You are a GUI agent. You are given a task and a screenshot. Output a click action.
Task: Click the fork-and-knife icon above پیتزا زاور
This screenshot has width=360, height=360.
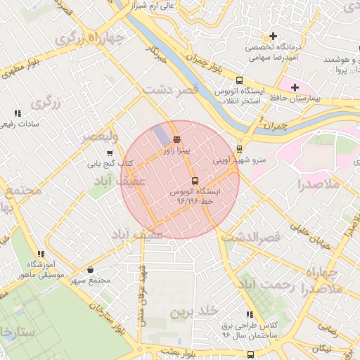pyautogui.click(x=176, y=139)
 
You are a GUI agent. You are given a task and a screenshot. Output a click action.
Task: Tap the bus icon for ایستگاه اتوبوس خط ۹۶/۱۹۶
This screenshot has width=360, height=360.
pyautogui.click(x=195, y=181)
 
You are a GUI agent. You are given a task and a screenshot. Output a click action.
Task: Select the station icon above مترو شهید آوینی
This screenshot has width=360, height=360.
pyautogui.click(x=239, y=149)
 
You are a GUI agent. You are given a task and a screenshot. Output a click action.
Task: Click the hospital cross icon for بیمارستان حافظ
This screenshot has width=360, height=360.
pyautogui.click(x=294, y=86)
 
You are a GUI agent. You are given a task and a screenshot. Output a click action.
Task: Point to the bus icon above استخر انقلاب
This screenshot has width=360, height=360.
pyautogui.click(x=239, y=80)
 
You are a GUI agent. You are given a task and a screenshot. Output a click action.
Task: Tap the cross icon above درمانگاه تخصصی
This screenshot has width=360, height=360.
pyautogui.click(x=273, y=36)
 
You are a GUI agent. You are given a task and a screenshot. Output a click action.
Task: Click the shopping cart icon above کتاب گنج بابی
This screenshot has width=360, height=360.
pyautogui.click(x=109, y=153)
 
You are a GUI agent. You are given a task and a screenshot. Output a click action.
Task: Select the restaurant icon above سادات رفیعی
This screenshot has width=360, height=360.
pyautogui.click(x=18, y=112)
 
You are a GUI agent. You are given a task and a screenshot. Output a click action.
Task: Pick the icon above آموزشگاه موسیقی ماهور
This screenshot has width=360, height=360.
pyautogui.click(x=41, y=254)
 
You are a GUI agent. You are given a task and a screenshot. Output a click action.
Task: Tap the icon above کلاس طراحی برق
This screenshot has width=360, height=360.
pyautogui.click(x=250, y=314)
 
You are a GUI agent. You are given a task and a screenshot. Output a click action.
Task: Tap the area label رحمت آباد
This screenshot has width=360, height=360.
pyautogui.click(x=264, y=285)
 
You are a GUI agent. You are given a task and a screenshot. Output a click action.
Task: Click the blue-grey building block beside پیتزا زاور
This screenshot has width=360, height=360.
pyautogui.click(x=160, y=136)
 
